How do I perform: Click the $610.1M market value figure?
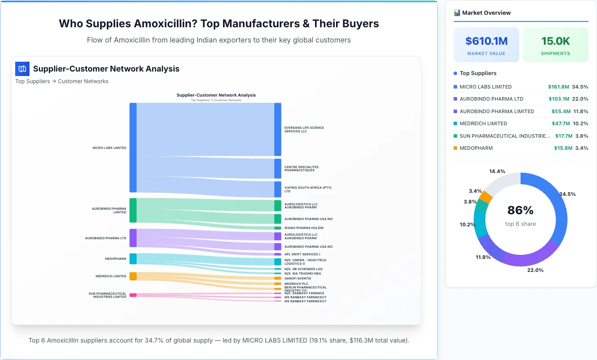pyautogui.click(x=486, y=41)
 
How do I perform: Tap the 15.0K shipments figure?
pyautogui.click(x=555, y=41)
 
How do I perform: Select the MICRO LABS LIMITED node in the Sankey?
pyautogui.click(x=133, y=148)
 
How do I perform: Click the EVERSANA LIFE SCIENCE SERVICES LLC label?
pyautogui.click(x=304, y=130)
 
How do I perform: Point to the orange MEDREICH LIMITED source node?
pyautogui.click(x=133, y=276)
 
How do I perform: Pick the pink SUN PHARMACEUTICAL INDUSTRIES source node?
pyautogui.click(x=133, y=295)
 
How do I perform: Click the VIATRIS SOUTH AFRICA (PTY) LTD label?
pyautogui.click(x=308, y=189)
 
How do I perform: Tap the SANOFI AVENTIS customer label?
pyautogui.click(x=298, y=278)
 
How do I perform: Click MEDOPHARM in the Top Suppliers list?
pyautogui.click(x=476, y=148)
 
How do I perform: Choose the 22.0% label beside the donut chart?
pyautogui.click(x=535, y=270)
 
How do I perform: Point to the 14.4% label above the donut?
pyautogui.click(x=497, y=171)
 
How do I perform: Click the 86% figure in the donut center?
pyautogui.click(x=520, y=210)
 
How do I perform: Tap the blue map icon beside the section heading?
pyautogui.click(x=22, y=69)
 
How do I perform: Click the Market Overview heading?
pyautogui.click(x=486, y=13)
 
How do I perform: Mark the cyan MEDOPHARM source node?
pyautogui.click(x=133, y=258)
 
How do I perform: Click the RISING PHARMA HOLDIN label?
pyautogui.click(x=304, y=228)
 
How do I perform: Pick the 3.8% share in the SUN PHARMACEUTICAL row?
pyautogui.click(x=582, y=136)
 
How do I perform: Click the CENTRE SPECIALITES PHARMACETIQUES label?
pyautogui.click(x=301, y=169)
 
